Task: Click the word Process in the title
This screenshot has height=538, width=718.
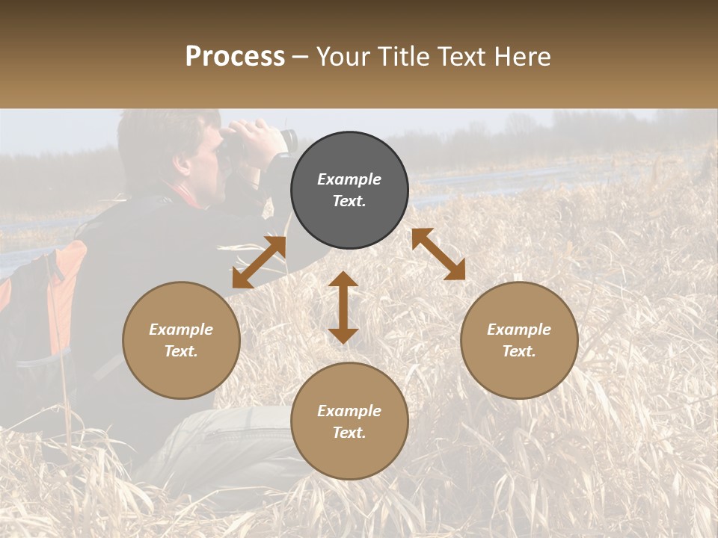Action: pyautogui.click(x=235, y=57)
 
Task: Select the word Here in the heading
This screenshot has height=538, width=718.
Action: pyautogui.click(x=521, y=57)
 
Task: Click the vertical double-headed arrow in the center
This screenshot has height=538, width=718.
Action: pyautogui.click(x=343, y=307)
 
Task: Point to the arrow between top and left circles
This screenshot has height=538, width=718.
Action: pyautogui.click(x=259, y=262)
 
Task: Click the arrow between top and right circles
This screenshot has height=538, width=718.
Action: pyautogui.click(x=438, y=254)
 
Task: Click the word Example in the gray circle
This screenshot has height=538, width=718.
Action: pyautogui.click(x=349, y=179)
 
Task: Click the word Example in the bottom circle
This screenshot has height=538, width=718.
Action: pyautogui.click(x=349, y=411)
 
